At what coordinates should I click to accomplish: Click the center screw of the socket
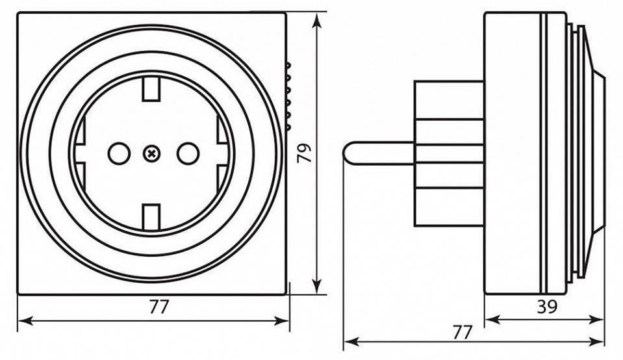pyautogui.click(x=151, y=154)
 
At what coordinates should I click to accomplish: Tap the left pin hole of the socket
pyautogui.click(x=118, y=154)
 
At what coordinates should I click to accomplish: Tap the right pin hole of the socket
pyautogui.click(x=186, y=154)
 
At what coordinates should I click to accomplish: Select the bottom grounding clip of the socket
pyautogui.click(x=151, y=218)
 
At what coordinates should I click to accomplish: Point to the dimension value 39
pyautogui.click(x=547, y=307)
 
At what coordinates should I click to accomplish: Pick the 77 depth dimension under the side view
pyautogui.click(x=462, y=332)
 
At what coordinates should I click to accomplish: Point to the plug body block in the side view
pyautogui.click(x=448, y=153)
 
